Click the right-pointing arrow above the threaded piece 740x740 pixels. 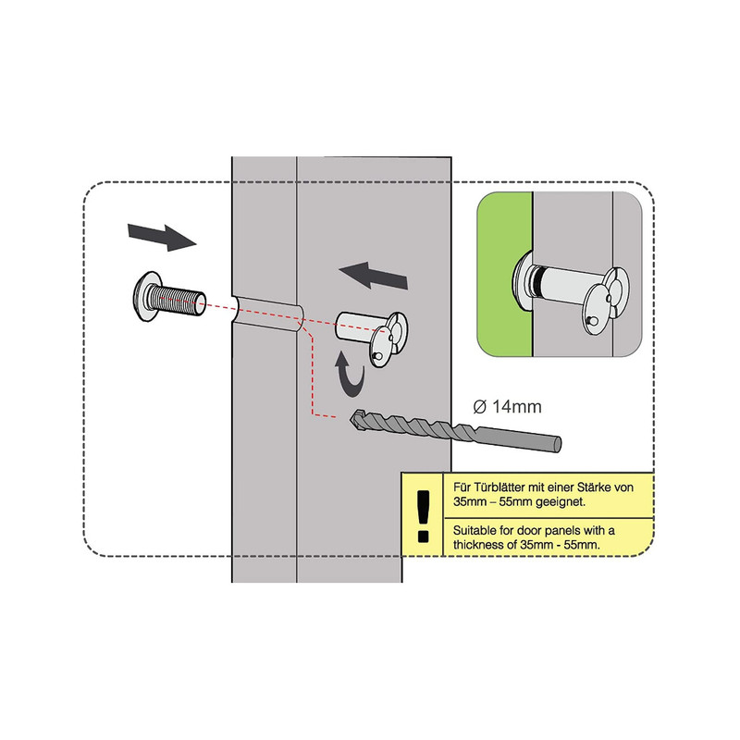[x=162, y=237]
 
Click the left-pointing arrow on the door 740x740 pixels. [x=374, y=276]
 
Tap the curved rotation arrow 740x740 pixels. [x=351, y=376]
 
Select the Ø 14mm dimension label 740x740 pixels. [x=507, y=407]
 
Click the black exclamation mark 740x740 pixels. [x=424, y=516]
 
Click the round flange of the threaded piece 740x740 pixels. [x=144, y=296]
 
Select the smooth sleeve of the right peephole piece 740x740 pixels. [x=354, y=327]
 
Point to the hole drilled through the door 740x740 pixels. [x=266, y=314]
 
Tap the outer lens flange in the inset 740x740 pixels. [x=522, y=281]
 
